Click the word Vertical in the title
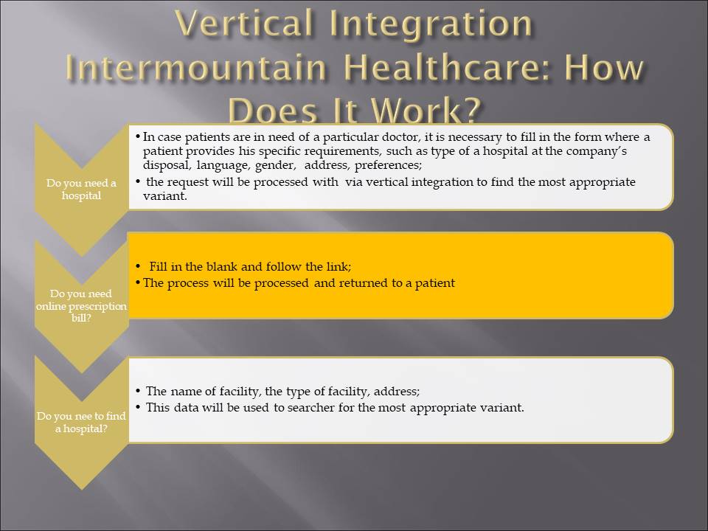coord(244,23)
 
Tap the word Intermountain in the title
coord(196,67)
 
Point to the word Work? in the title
coord(426,110)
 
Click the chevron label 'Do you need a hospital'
coord(81,190)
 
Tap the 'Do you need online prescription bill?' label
coord(81,305)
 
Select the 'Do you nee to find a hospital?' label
coord(81,422)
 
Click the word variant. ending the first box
coord(164,196)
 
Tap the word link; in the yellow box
coord(339,266)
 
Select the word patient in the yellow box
coord(435,283)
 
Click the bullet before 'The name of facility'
coord(138,392)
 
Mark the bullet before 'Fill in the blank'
coord(138,267)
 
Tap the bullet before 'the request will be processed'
coord(138,182)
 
